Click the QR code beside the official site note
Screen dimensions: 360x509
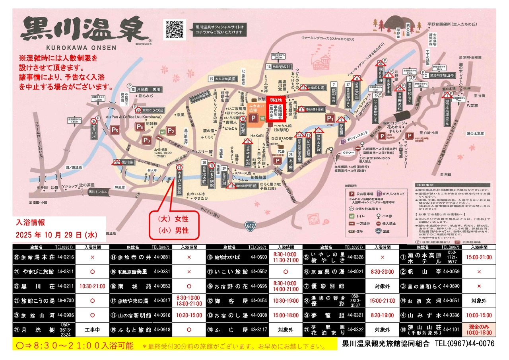174,29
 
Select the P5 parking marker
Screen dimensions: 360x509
115,129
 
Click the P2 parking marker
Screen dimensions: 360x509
171,130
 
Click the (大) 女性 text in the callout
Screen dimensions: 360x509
173,219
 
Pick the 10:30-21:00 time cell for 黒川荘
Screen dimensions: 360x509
92,286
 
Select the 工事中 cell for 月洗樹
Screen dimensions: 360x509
92,330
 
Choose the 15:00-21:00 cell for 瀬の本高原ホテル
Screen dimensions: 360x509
479,257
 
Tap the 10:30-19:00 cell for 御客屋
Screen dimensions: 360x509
286,301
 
